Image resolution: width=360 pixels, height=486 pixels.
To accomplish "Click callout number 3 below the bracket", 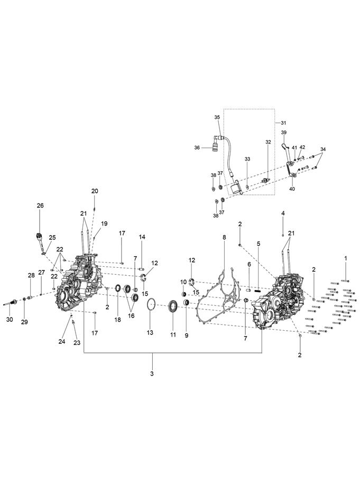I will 152,374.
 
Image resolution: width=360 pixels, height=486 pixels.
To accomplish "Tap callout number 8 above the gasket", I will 224,238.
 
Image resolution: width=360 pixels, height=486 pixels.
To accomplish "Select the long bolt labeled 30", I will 12,303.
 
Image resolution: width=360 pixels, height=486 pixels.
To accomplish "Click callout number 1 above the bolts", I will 346,258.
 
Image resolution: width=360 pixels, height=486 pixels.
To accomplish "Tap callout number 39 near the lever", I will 283,133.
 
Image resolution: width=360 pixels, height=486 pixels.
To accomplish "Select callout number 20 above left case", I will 95,191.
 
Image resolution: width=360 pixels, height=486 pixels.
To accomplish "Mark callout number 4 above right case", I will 283,213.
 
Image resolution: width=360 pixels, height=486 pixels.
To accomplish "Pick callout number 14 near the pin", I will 142,237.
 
